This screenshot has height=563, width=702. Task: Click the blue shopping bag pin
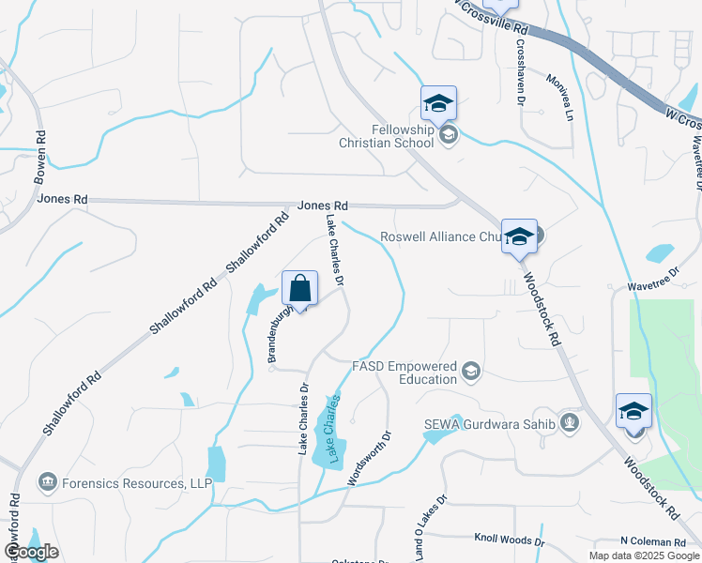(299, 288)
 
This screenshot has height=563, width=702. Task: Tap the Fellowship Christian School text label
(388, 137)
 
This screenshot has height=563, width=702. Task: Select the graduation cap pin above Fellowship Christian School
(438, 103)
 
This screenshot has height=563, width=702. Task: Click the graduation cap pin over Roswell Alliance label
(519, 236)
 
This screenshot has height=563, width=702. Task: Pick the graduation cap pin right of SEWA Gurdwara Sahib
(633, 411)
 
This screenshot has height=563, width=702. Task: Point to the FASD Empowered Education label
(404, 372)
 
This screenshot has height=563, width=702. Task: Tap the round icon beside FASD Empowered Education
(471, 373)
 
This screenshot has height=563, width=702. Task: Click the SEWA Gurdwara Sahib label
(487, 423)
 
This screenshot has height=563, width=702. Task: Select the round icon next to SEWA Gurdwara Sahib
(569, 423)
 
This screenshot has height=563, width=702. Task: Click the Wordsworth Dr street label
(368, 458)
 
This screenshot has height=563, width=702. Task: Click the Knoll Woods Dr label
(510, 541)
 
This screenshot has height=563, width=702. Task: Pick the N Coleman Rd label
(653, 542)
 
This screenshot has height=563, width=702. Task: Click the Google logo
(31, 552)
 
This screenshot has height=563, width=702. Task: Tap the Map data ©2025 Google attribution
(644, 555)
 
